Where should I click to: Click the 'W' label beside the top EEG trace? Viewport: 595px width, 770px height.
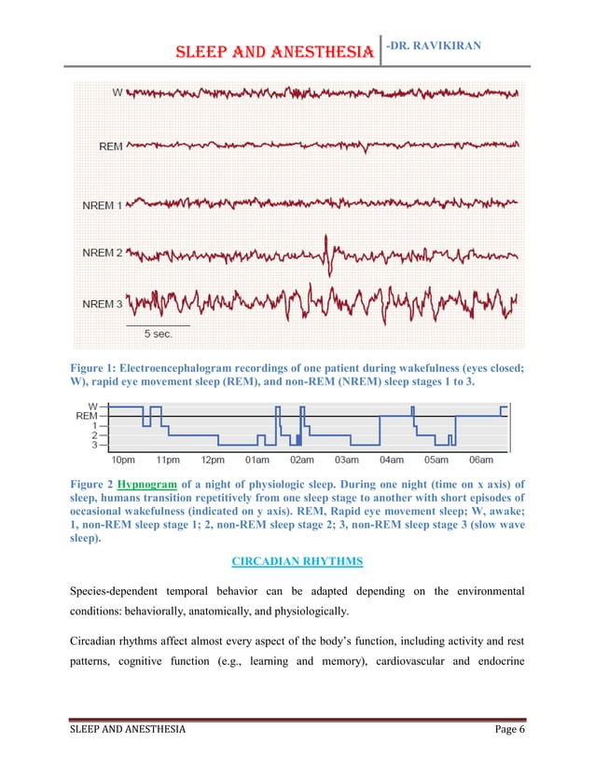pyautogui.click(x=117, y=92)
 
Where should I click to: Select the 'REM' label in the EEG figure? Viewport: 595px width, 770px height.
pyautogui.click(x=110, y=146)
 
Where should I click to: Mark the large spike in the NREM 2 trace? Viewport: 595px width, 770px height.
pyautogui.click(x=326, y=249)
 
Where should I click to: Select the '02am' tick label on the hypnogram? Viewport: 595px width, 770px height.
pyautogui.click(x=301, y=460)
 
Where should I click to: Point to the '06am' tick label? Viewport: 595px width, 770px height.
pyautogui.click(x=480, y=460)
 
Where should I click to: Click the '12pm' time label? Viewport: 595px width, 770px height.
pyautogui.click(x=213, y=460)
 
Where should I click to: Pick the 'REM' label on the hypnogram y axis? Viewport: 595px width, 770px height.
pyautogui.click(x=86, y=416)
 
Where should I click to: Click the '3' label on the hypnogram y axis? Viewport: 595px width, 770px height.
pyautogui.click(x=94, y=445)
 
